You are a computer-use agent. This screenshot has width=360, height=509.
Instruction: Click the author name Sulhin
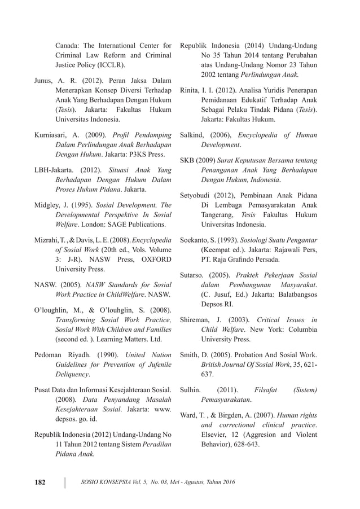coord(190,389)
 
